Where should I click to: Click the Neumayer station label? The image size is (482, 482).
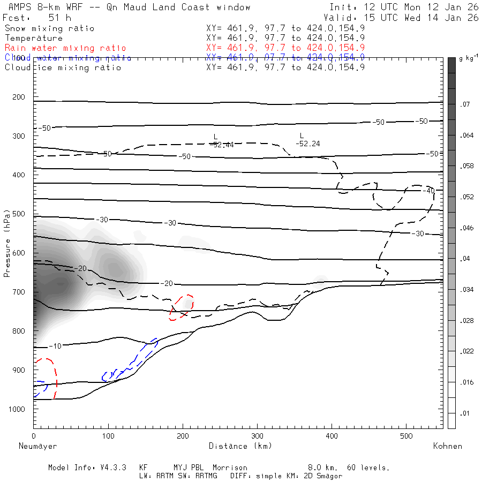click(37, 446)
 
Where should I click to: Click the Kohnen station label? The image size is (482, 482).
click(448, 446)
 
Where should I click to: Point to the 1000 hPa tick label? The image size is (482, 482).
click(18, 409)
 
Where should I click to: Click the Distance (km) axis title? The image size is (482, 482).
click(240, 446)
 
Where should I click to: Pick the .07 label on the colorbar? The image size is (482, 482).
click(464, 104)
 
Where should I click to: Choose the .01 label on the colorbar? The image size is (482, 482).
click(464, 413)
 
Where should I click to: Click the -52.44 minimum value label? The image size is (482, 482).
click(222, 145)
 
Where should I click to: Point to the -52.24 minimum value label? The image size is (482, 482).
click(308, 144)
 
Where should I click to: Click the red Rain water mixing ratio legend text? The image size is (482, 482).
click(65, 48)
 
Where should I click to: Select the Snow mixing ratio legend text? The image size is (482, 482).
click(49, 28)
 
